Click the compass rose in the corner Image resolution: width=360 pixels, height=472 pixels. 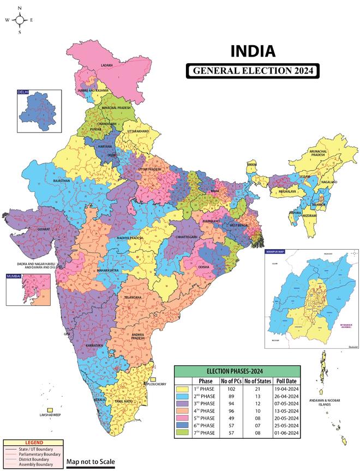coord(20,20)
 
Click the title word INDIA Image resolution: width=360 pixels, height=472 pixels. coord(253,52)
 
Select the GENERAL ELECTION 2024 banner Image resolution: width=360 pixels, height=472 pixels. coord(252,71)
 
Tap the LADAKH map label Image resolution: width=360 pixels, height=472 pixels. coord(107,65)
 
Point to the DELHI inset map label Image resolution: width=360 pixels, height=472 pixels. coord(23,93)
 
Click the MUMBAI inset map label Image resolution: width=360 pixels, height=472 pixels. coord(14,277)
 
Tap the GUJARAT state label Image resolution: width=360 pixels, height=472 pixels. coord(42,229)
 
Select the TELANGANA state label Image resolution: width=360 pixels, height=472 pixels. coord(133,297)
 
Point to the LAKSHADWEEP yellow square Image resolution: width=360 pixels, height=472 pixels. coord(50,410)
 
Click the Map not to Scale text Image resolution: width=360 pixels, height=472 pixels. coord(91,461)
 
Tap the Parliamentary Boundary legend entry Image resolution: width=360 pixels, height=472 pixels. coord(27,453)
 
